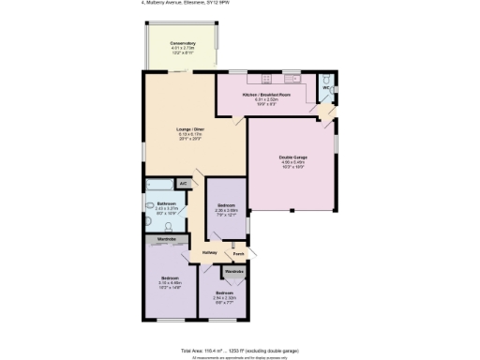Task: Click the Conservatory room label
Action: pos(183,43)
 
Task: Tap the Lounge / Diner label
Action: pos(191,129)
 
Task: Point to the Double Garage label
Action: pos(293,157)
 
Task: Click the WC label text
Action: pos(326,87)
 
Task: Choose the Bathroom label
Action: pos(167,203)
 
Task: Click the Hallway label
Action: pos(209,253)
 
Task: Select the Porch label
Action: pos(238,253)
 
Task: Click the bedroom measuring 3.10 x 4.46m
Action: pos(170,278)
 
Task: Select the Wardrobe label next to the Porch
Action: pos(234,272)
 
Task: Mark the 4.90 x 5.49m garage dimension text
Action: pos(293,163)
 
